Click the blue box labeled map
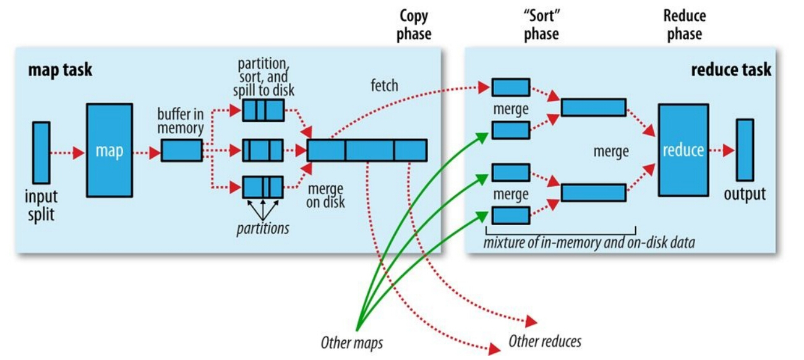[x=109, y=150]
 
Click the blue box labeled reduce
[x=683, y=150]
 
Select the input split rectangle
[x=41, y=153]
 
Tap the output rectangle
[x=745, y=150]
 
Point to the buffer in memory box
[x=182, y=150]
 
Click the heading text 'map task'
[x=60, y=69]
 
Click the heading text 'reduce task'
[x=731, y=69]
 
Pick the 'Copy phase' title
[x=414, y=25]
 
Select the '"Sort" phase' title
[x=541, y=25]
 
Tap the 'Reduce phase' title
[x=685, y=25]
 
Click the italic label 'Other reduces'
[x=545, y=341]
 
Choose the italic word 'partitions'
[x=263, y=228]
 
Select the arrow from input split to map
[x=67, y=153]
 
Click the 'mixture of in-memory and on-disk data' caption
[x=589, y=242]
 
